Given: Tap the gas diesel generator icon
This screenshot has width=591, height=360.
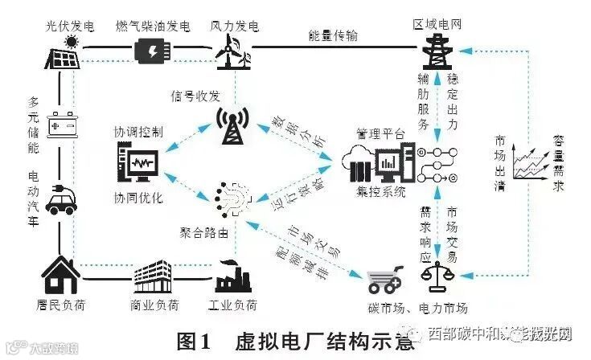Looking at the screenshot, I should point(152,51).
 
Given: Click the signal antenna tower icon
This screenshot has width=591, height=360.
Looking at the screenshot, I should point(234,125).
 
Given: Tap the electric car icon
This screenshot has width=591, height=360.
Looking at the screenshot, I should point(62,198).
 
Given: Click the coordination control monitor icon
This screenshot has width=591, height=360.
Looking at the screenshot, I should point(141,166).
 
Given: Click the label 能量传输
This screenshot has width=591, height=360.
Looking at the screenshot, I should point(333,35).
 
